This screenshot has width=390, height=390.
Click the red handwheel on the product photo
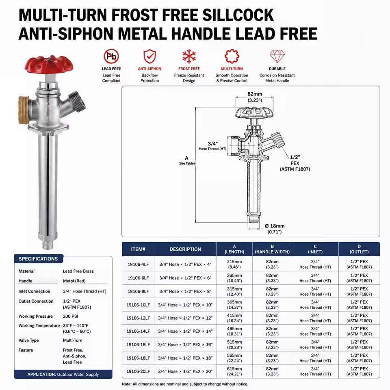(x=49, y=65)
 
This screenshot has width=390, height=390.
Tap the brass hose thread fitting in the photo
(x=24, y=110)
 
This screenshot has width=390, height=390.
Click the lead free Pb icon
(x=111, y=56)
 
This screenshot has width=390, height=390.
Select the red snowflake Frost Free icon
(x=189, y=56)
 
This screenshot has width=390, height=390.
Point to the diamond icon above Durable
(x=277, y=56)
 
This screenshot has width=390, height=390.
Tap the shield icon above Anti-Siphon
(x=150, y=56)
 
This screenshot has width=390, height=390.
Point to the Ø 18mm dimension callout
(x=275, y=229)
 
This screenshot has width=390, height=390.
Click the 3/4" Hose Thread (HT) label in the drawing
(x=212, y=146)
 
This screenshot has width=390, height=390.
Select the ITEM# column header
(x=138, y=249)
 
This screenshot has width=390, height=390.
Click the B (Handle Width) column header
(x=272, y=249)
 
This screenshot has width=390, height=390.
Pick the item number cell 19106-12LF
(x=138, y=318)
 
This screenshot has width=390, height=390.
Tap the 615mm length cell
(x=234, y=371)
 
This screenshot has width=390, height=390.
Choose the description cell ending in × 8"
(x=185, y=291)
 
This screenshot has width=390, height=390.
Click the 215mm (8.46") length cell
(x=234, y=264)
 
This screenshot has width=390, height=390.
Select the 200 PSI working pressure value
(x=70, y=316)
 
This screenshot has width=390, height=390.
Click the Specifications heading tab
(x=38, y=259)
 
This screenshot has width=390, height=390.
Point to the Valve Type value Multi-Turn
(x=72, y=340)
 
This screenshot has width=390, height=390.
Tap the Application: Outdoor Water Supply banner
(x=63, y=374)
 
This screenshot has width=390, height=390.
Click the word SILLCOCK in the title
(x=238, y=15)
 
